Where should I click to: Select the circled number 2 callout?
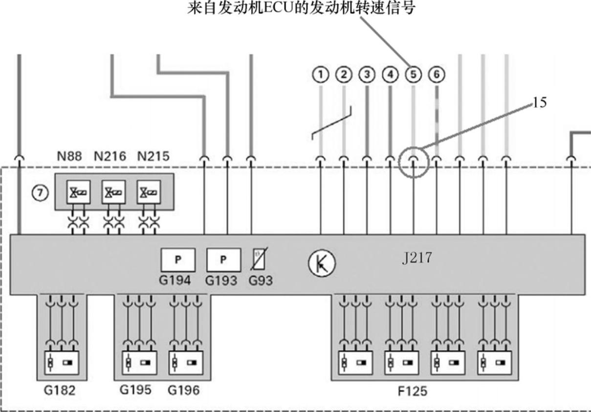coord(344,74)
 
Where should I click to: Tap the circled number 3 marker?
coord(367,74)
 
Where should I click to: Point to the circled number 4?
coord(390,74)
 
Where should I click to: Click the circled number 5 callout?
coord(413,74)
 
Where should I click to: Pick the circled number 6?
coord(437,74)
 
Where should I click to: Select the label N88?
coord(69,157)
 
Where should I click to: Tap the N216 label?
coord(110,157)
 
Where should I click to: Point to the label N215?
coord(153,157)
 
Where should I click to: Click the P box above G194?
coord(178,260)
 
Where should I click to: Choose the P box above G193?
coord(223,260)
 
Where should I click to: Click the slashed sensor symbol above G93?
coord(259,259)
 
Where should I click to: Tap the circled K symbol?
coord(322,265)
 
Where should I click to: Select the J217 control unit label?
coord(416,258)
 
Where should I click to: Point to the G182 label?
coord(60,390)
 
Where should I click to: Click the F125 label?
coord(413,391)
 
